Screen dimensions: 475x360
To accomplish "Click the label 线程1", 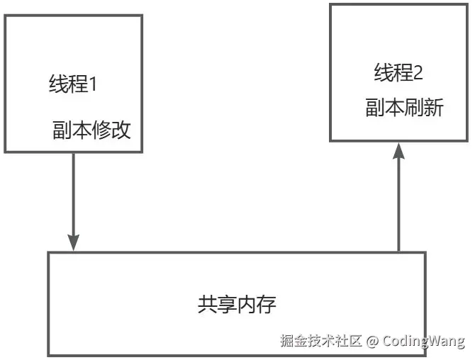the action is tap(72, 84).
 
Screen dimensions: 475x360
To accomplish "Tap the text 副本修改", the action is tap(91, 131).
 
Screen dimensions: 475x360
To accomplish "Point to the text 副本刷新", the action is tap(404, 108).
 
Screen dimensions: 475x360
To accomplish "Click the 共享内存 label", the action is tap(237, 305).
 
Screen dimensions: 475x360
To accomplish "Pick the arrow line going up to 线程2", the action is tap(398, 206).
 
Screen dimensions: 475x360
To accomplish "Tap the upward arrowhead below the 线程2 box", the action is tap(398, 151).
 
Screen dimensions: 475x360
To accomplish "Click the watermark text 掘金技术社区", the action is tap(320, 341).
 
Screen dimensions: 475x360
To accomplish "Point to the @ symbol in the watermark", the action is tap(372, 341).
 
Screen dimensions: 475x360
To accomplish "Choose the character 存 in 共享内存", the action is tap(267, 305).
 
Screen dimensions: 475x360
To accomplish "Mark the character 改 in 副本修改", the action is tap(122, 131).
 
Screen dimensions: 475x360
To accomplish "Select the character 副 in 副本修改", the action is tap(62, 131).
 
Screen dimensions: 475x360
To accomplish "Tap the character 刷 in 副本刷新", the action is tap(414, 108).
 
